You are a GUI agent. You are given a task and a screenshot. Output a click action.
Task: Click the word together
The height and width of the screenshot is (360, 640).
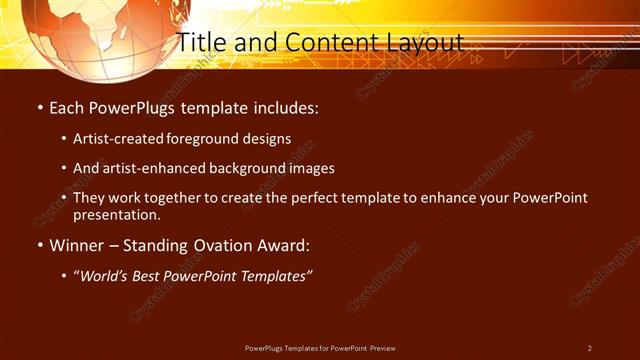[191, 198]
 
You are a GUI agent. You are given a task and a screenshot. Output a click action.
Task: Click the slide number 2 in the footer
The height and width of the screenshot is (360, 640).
[589, 348]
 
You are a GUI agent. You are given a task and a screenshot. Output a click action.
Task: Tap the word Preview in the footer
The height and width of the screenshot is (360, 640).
[381, 348]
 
